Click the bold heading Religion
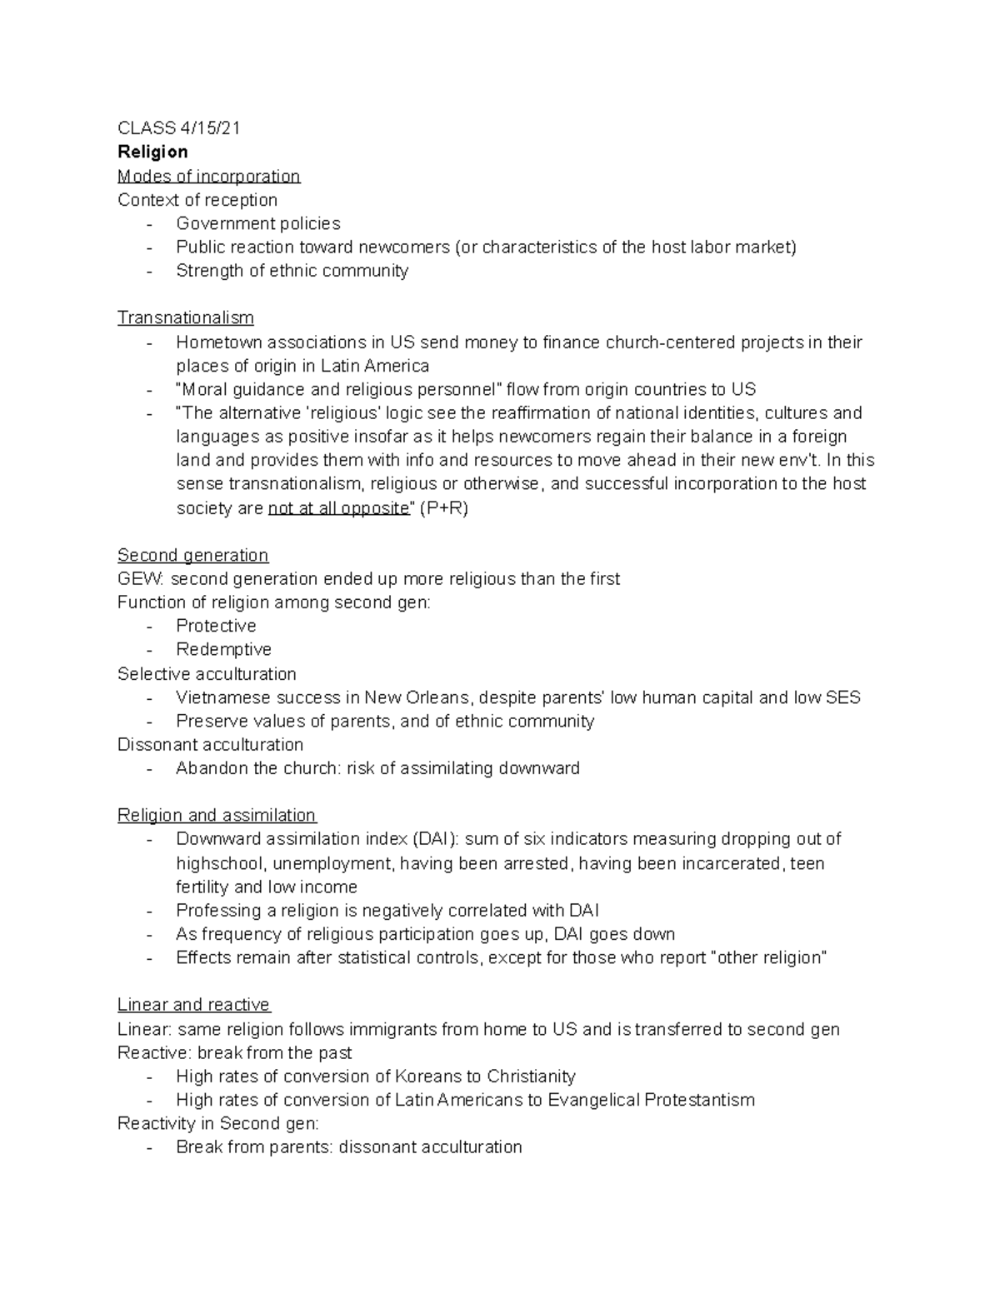tap(152, 152)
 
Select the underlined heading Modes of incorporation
tap(208, 176)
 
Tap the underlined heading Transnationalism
tap(185, 317)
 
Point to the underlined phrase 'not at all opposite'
tap(338, 508)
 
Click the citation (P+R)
tap(442, 508)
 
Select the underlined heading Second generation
tap(192, 555)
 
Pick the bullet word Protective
tap(216, 626)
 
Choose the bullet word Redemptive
tap(223, 649)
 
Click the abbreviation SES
tap(842, 697)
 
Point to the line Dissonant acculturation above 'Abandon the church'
tap(210, 744)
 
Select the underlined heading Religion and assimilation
tap(217, 815)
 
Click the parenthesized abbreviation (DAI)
tap(435, 839)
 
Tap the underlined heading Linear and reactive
tap(193, 1005)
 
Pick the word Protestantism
tap(701, 1100)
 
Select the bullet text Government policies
tap(258, 223)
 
